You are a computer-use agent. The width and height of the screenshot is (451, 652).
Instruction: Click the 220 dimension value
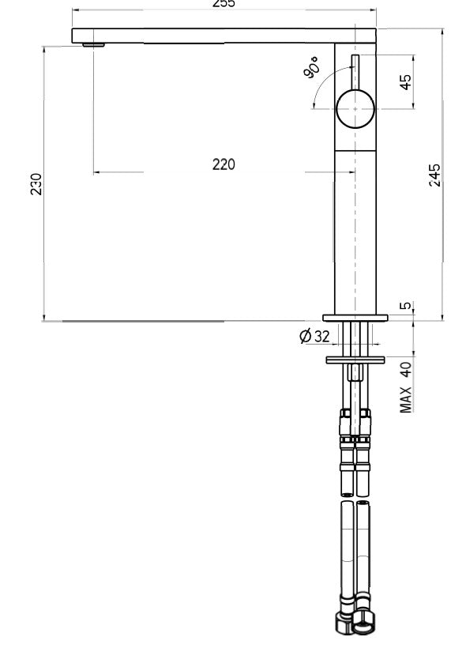click(224, 164)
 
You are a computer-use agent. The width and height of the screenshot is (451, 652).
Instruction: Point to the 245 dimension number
click(434, 175)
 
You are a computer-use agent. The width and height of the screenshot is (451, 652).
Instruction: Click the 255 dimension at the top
click(224, 3)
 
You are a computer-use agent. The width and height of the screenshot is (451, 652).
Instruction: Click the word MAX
click(406, 399)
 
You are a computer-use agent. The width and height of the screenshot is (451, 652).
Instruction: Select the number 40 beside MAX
click(406, 367)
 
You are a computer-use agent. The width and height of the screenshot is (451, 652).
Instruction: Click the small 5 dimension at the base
click(406, 307)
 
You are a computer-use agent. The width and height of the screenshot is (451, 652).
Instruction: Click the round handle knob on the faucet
click(355, 109)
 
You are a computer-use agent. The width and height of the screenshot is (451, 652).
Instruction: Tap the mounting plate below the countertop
click(355, 360)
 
